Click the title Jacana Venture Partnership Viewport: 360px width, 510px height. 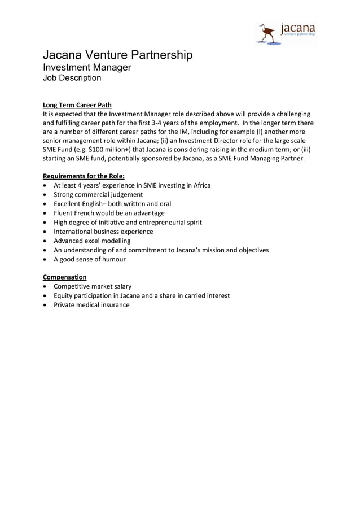(118, 55)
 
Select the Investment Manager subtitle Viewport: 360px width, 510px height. (87, 67)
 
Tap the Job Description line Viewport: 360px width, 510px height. (72, 78)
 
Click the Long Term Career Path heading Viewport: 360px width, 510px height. (77, 104)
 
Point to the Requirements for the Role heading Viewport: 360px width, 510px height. (84, 176)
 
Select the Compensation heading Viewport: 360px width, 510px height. (65, 277)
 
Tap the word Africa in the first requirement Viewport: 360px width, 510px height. (200, 185)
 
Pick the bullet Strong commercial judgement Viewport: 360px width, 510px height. (98, 194)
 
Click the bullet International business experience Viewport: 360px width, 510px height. (103, 232)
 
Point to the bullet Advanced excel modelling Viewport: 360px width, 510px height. (92, 241)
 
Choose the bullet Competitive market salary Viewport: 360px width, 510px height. (93, 286)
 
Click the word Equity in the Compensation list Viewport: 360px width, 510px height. (64, 295)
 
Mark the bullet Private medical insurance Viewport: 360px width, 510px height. (91, 305)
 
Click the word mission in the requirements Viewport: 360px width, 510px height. (203, 250)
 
